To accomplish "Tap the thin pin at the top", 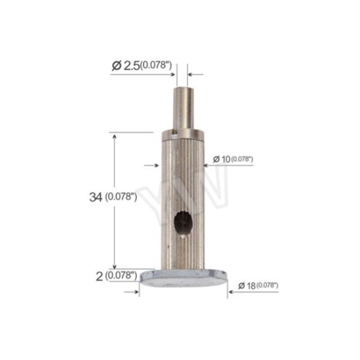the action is [x=182, y=108].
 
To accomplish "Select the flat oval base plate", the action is [x=183, y=278].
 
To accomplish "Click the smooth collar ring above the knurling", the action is [x=183, y=135].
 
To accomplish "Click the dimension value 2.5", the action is [x=131, y=66].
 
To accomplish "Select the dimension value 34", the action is [x=95, y=197].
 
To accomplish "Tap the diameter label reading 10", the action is [x=225, y=159].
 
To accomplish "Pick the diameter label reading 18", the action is [x=251, y=286].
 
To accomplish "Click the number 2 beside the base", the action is [x=99, y=277].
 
